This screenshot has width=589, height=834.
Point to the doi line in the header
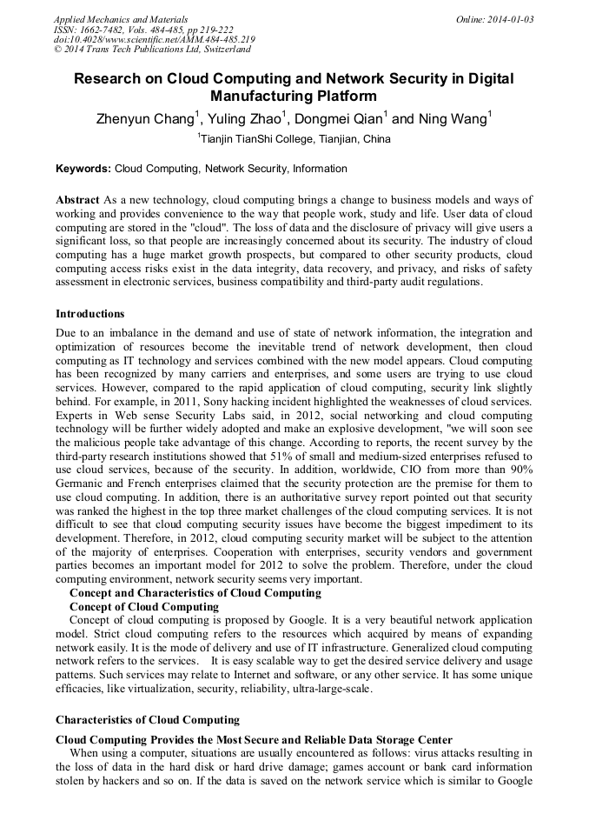click(x=154, y=40)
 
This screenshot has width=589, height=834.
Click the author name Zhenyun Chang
click(x=142, y=118)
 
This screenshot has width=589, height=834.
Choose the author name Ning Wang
click(x=453, y=118)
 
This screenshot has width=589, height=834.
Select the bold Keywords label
click(x=83, y=169)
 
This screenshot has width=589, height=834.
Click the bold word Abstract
click(x=77, y=200)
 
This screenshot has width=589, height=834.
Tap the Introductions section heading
click(x=89, y=314)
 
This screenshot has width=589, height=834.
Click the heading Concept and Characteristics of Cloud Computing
click(x=195, y=593)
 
